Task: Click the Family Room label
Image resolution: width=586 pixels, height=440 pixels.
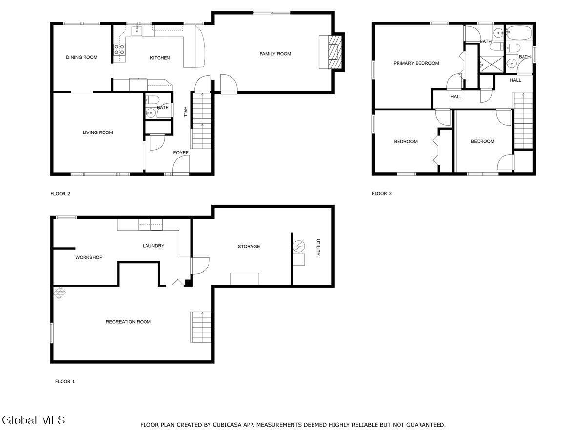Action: [275, 54]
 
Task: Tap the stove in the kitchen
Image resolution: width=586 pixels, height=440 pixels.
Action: [119, 50]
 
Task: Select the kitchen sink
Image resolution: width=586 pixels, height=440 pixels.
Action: [137, 31]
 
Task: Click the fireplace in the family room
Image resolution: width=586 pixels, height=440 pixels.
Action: [335, 52]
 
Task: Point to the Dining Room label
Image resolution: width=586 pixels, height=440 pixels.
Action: [82, 57]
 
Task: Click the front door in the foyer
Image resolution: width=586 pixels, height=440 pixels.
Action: [181, 165]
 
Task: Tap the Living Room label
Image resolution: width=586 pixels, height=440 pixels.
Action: [98, 132]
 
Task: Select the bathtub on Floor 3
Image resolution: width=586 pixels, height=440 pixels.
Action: [519, 33]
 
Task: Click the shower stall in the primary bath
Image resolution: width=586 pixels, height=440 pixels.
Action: [491, 65]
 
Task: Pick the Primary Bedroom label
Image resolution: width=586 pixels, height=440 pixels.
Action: [416, 63]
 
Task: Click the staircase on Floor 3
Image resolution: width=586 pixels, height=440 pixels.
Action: [523, 120]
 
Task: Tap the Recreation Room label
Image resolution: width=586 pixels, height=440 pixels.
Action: [128, 322]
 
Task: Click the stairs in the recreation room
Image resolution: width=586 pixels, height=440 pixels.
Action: [201, 327]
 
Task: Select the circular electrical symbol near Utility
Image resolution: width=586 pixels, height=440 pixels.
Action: [299, 246]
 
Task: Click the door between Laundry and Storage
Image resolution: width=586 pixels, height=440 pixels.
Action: [200, 265]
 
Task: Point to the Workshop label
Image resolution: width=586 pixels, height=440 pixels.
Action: [89, 257]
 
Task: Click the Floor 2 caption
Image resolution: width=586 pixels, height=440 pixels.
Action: [61, 194]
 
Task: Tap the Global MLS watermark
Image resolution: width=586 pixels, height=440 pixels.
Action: [34, 420]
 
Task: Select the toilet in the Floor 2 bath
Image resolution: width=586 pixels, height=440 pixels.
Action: [152, 100]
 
